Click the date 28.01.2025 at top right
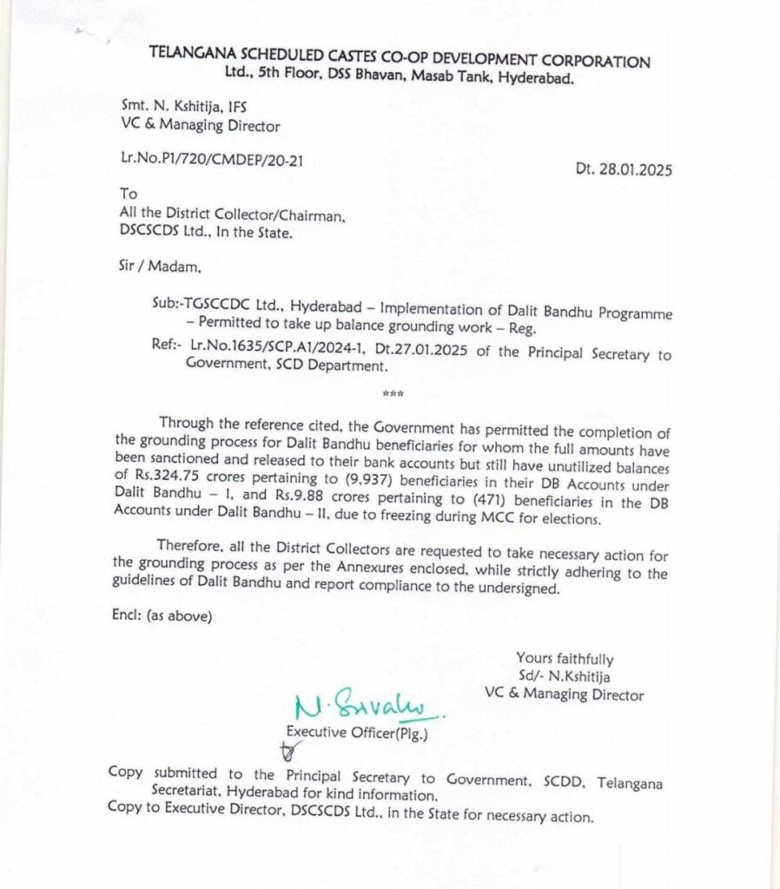pyautogui.click(x=624, y=169)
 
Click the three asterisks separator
pyautogui.click(x=392, y=395)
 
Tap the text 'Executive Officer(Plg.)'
pyautogui.click(x=357, y=732)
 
